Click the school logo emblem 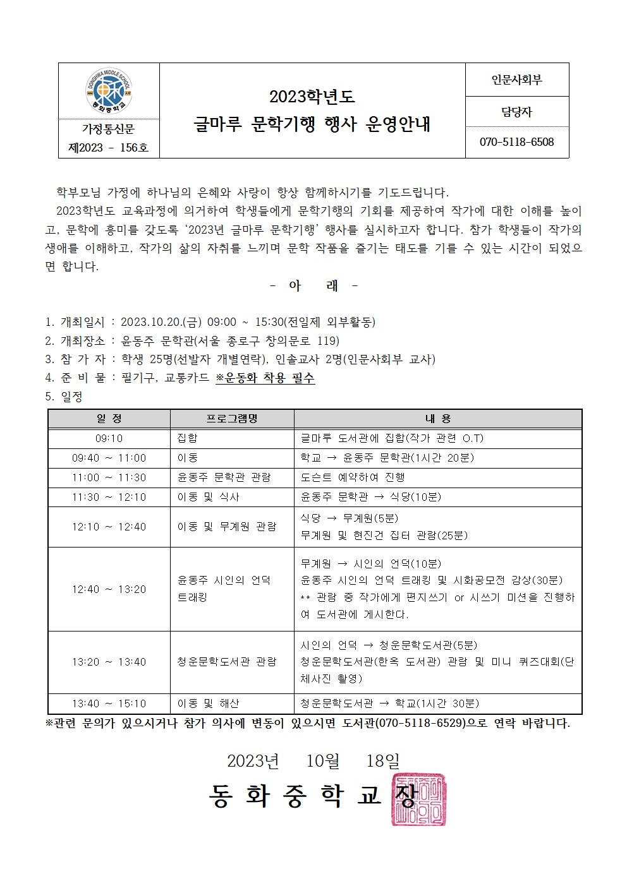109,91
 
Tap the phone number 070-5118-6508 516,142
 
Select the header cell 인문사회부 516,80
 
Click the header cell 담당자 516,112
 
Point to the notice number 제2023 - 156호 108,148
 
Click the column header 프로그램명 232,419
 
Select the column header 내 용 437,419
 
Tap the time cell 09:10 109,438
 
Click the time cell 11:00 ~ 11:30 109,477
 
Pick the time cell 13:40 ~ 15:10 109,703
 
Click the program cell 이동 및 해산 209,703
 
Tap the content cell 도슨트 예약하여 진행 353,477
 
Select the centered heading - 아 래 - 313,286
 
